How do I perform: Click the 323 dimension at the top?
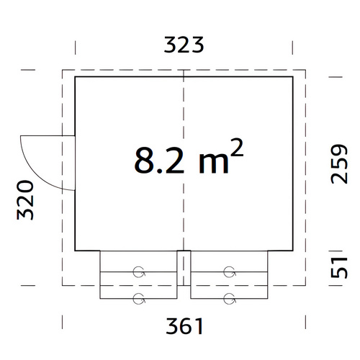coord(184,45)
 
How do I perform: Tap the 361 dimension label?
coord(184,326)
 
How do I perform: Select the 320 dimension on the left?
coord(25,200)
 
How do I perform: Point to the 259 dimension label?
coord(339,164)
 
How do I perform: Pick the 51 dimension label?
coord(339,267)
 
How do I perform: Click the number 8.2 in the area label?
coord(159,160)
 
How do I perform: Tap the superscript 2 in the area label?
coord(238,148)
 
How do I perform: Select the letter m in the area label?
coord(214,163)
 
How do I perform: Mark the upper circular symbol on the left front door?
coord(139,272)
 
